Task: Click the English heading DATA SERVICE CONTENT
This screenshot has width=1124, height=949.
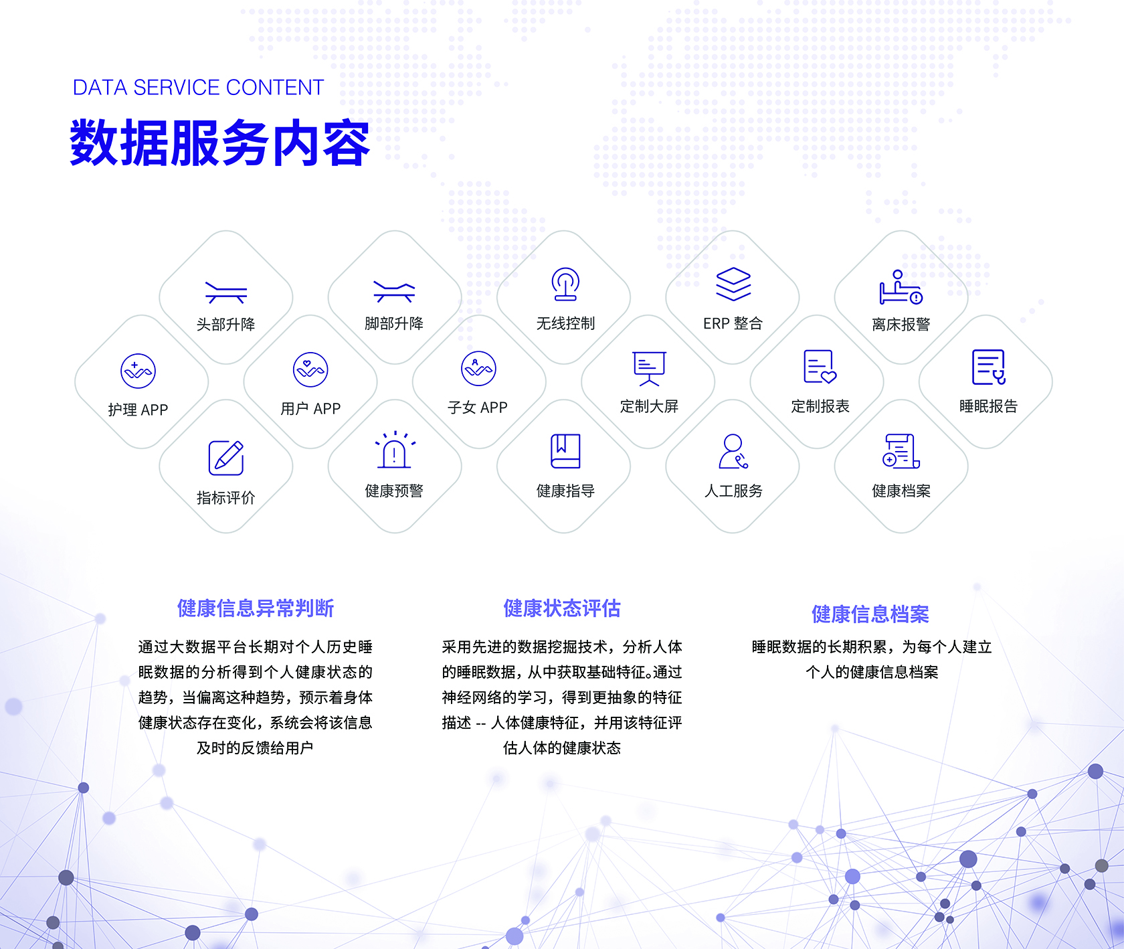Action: click(198, 88)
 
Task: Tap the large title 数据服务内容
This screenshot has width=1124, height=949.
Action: click(220, 143)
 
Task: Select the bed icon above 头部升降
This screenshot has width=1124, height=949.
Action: click(226, 292)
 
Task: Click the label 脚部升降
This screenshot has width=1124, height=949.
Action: click(394, 324)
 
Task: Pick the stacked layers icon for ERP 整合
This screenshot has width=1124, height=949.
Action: click(733, 284)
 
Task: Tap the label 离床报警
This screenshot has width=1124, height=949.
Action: click(901, 325)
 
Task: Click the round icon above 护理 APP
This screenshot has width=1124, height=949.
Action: click(138, 371)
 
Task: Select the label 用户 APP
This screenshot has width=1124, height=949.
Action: click(310, 408)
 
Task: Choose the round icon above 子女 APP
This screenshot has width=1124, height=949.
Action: click(479, 369)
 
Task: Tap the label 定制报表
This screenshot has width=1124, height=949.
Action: click(820, 406)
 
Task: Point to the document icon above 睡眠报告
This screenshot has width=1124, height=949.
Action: click(989, 367)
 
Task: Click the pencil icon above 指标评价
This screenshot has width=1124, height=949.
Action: click(226, 458)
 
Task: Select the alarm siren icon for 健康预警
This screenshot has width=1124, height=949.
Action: click(395, 450)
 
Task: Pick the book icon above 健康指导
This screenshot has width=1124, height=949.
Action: click(565, 451)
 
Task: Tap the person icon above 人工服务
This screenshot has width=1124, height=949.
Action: click(733, 451)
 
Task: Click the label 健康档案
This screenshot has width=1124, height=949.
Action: click(901, 491)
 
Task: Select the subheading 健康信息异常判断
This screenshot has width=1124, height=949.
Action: click(256, 608)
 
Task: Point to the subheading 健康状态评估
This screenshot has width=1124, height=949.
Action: click(562, 608)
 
